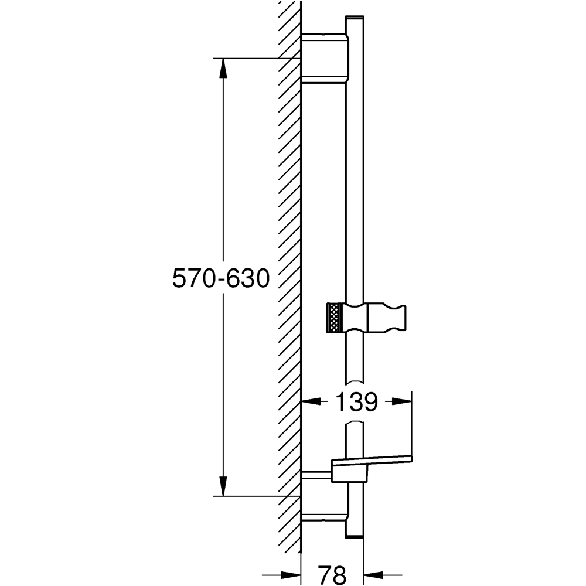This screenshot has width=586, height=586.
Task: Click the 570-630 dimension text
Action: coord(221,278)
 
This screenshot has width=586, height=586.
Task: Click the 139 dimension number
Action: coord(357,402)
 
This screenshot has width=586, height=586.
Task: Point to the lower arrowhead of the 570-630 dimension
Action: coord(223,486)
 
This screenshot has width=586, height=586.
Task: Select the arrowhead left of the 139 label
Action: coord(311,401)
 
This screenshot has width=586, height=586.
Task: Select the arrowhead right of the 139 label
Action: coord(402,401)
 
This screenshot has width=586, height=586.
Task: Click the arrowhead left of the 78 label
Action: coord(291,575)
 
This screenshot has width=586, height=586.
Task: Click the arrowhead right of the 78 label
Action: coord(374,575)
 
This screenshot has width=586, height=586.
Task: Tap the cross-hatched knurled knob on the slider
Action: coord(335,317)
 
